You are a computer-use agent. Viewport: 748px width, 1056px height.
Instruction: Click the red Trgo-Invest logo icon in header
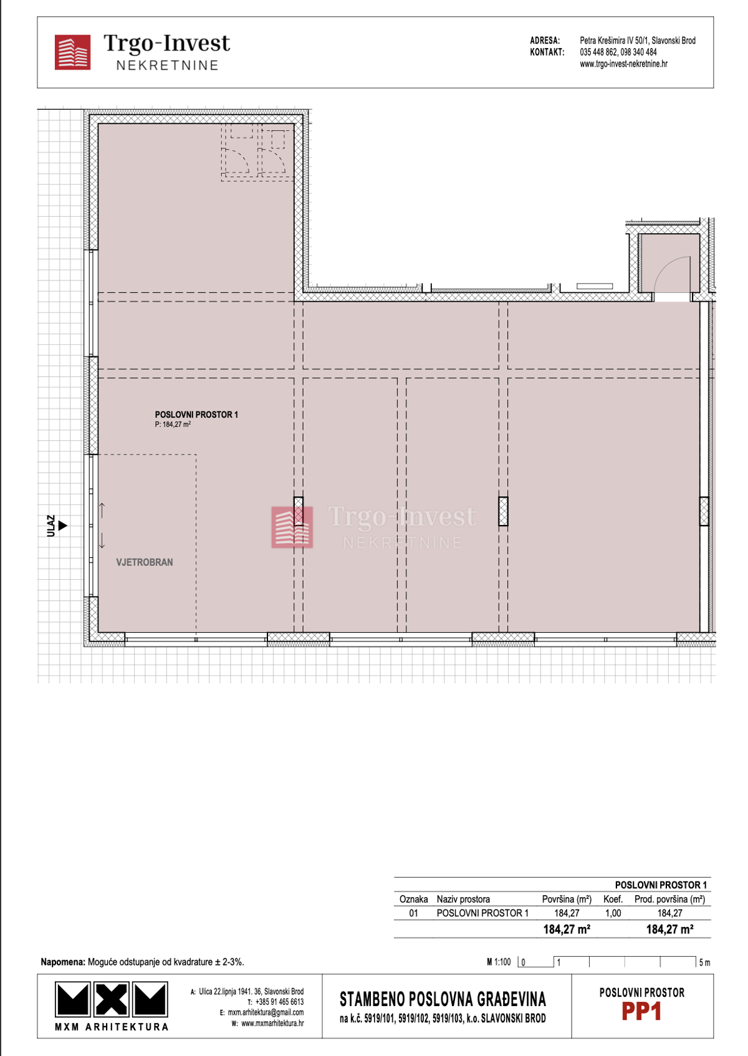pos(72,52)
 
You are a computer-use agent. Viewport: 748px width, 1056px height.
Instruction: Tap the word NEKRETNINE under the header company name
pos(167,65)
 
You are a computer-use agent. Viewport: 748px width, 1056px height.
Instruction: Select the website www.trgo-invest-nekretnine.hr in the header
pos(623,64)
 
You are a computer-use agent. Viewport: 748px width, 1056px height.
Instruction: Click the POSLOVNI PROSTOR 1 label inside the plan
pos(196,415)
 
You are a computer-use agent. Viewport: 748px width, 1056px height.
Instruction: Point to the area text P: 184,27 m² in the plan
pos(173,425)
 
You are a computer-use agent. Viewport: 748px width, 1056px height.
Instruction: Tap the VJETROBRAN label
pos(145,562)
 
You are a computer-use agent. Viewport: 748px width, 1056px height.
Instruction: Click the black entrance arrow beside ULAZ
pos(62,526)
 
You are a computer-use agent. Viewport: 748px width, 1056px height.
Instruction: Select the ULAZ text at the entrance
pos(51,525)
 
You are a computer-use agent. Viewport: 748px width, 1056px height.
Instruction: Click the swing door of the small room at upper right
pos(673,274)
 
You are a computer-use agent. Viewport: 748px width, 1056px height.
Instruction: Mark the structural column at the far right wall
pos(704,511)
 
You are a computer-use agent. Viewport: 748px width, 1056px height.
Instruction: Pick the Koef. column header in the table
pos(613,899)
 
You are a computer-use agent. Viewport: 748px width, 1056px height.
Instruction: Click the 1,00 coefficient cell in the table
pos(613,913)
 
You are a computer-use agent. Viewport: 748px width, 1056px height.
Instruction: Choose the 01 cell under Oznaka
pos(413,913)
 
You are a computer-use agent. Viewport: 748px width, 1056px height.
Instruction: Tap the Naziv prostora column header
pos(463,899)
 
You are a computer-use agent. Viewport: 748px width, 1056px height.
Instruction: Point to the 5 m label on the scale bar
pos(704,962)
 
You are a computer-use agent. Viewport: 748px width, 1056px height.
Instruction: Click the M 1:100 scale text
pos(499,962)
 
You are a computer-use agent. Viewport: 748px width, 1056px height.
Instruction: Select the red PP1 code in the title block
pos(641,1012)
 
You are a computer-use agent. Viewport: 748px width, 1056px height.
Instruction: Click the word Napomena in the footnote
pos(62,962)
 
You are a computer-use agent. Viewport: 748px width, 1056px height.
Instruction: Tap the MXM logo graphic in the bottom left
pos(112,999)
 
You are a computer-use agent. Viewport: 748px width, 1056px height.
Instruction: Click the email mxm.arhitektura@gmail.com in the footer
pos(266,1012)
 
